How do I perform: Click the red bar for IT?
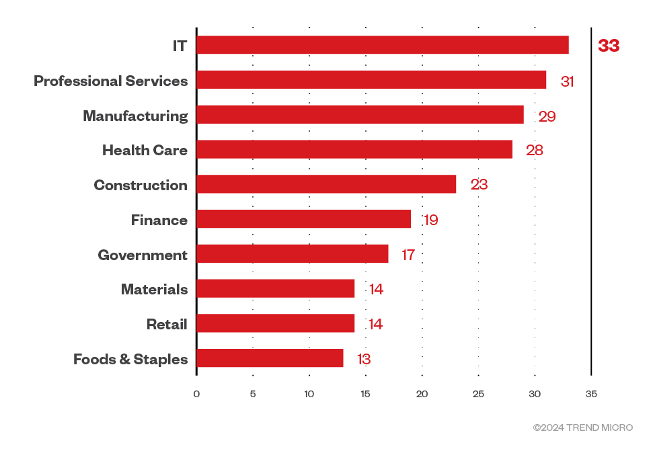tap(382, 45)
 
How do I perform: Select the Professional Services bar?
tap(371, 80)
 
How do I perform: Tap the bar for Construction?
tap(326, 184)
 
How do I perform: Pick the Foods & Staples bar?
tap(270, 358)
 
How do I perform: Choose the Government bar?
tap(293, 254)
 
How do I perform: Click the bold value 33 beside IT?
tap(609, 46)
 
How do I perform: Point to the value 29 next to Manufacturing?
tap(547, 116)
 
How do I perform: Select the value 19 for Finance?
tap(431, 220)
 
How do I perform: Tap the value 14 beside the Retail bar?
tap(375, 324)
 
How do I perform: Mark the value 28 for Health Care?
tap(535, 151)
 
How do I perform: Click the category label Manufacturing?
tap(135, 116)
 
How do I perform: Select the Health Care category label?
tap(145, 151)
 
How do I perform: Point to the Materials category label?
tap(154, 290)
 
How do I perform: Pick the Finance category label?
tap(159, 220)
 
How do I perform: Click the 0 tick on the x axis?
tap(196, 394)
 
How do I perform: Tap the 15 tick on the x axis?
tap(365, 394)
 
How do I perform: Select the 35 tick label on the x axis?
tap(591, 394)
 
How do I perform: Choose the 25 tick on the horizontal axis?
tap(478, 394)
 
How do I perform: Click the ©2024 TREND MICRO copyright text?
tap(583, 427)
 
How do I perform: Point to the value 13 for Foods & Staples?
tap(364, 359)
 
